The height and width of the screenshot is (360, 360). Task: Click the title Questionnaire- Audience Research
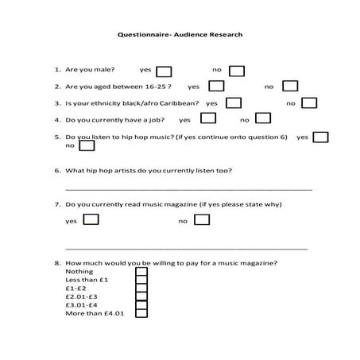pyautogui.click(x=180, y=35)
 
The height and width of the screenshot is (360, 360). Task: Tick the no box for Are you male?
pyautogui.click(x=237, y=70)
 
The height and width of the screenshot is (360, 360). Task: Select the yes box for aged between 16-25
pyautogui.click(x=216, y=86)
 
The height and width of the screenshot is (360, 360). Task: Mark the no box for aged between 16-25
pyautogui.click(x=291, y=86)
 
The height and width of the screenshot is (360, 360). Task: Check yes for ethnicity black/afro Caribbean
pyautogui.click(x=234, y=103)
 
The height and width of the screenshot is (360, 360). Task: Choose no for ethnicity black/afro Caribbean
pyautogui.click(x=309, y=103)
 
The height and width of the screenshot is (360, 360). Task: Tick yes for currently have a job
pyautogui.click(x=208, y=119)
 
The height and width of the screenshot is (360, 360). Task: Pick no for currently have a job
pyautogui.click(x=262, y=119)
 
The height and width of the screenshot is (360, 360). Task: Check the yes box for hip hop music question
pyautogui.click(x=321, y=137)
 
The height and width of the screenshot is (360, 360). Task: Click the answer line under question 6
pyautogui.click(x=188, y=189)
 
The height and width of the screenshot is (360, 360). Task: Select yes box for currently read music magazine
pyautogui.click(x=91, y=219)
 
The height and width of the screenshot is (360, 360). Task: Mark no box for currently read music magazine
pyautogui.click(x=203, y=219)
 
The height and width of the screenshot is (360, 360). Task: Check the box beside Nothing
pyautogui.click(x=141, y=272)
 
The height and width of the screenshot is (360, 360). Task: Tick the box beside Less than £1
pyautogui.click(x=141, y=281)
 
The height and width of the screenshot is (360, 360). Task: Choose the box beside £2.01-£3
pyautogui.click(x=141, y=297)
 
